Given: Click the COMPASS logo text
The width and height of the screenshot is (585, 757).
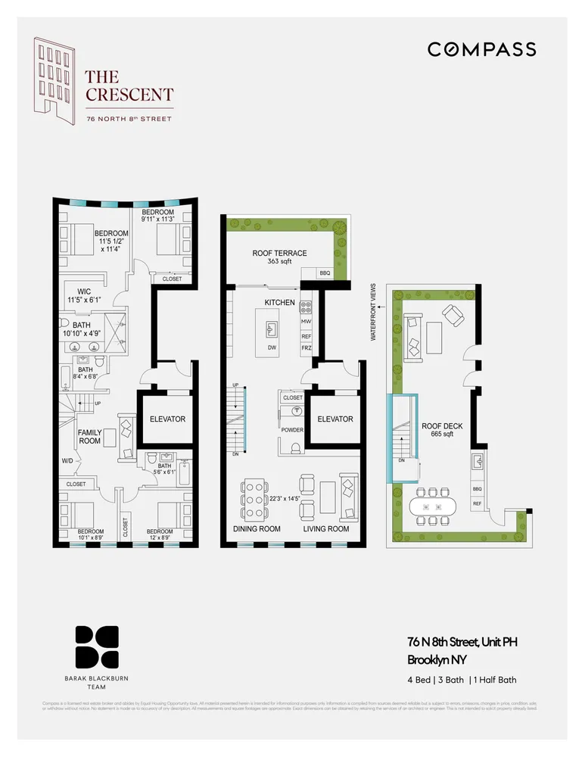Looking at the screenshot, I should point(481,49).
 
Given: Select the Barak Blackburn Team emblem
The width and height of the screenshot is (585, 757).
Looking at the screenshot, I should point(96,648).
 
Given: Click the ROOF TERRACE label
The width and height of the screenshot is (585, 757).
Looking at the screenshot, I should point(279,254).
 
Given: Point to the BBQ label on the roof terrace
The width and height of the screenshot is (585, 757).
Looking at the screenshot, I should point(325,273).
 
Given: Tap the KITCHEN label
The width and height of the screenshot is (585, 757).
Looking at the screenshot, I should point(278,302).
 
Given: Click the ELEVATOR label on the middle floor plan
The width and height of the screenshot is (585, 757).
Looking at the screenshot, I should point(335,419).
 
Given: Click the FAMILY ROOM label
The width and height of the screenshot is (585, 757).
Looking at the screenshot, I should point(90,437).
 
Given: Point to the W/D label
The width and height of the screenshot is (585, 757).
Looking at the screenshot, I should point(67,459).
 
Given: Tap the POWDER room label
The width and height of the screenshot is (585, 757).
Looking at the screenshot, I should point(292,430).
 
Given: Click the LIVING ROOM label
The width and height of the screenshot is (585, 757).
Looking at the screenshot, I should point(327,529).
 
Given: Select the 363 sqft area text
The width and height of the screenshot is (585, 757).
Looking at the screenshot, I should point(279,262).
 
